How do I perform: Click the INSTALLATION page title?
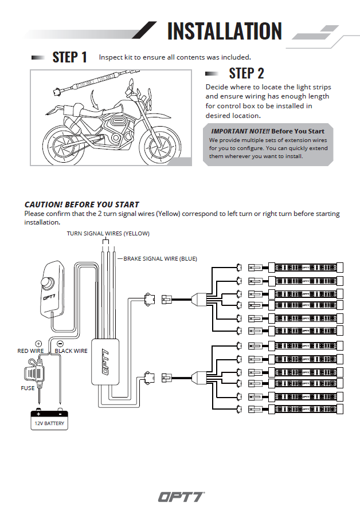point(224,31)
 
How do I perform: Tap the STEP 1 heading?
point(69,57)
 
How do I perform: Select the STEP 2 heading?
point(246,73)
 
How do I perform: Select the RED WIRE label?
point(31,351)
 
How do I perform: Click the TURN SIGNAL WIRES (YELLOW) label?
point(108,234)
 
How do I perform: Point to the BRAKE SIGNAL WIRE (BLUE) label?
point(160,259)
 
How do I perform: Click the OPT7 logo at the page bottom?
point(181,496)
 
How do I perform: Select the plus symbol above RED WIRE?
point(38,343)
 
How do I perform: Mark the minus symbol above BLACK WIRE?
point(60,343)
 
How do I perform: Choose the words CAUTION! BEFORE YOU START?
point(82,205)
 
